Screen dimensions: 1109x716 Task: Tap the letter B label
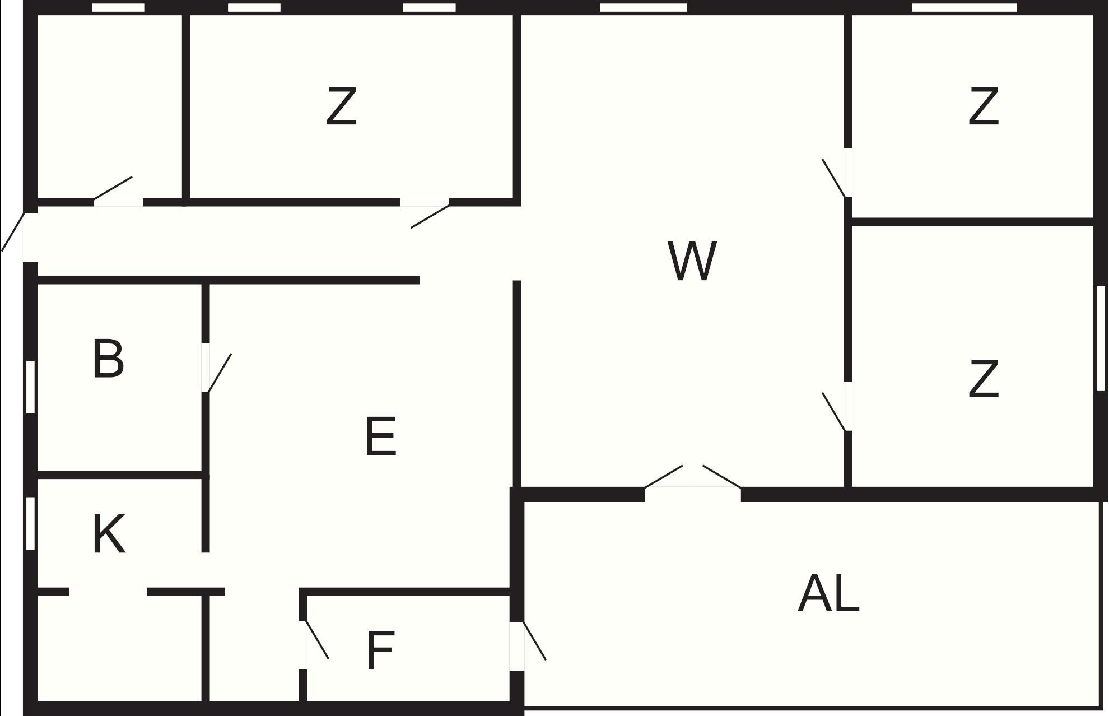point(108,359)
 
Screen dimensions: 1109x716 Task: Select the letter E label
point(381,436)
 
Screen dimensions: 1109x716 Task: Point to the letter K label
point(109,534)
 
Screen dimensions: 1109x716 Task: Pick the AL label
point(828,594)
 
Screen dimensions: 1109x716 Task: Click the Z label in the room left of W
point(341,106)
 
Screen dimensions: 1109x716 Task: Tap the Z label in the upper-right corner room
point(983,106)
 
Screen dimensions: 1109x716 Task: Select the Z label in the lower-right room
point(983,379)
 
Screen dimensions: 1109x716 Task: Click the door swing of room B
point(219,373)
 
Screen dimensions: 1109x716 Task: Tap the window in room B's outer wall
point(30,387)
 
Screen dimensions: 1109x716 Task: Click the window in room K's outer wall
point(30,523)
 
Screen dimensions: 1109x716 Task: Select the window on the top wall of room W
point(644,7)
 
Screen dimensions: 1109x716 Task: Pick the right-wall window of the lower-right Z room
point(1101,338)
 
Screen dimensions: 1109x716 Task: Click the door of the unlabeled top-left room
point(113,188)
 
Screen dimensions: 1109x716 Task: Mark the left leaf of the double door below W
point(664,476)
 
